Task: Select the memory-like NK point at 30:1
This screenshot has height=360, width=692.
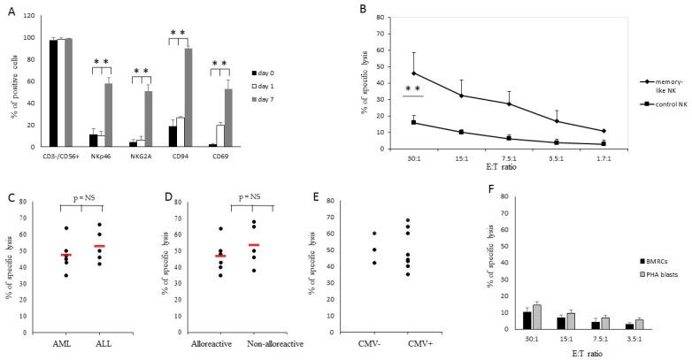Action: [x=413, y=73]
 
